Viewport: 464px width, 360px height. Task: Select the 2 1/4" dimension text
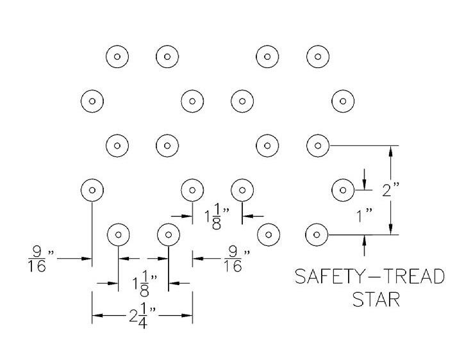142,316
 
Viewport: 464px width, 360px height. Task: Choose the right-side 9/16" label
233,258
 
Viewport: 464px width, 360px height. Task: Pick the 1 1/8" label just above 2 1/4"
142,282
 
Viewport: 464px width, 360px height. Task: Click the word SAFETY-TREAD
369,277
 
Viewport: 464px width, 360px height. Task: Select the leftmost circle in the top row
117,56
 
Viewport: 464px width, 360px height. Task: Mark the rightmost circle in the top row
318,56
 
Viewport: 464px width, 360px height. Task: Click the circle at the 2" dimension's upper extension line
318,145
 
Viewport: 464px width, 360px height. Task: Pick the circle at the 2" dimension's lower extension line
318,234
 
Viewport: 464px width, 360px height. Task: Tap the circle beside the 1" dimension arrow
344,190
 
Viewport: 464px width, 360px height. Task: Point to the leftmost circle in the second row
92,101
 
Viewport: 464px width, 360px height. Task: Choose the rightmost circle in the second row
344,101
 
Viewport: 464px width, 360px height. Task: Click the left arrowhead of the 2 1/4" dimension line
96,315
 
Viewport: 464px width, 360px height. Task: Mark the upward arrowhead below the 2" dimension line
365,239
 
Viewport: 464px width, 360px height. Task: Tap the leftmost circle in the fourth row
92,190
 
